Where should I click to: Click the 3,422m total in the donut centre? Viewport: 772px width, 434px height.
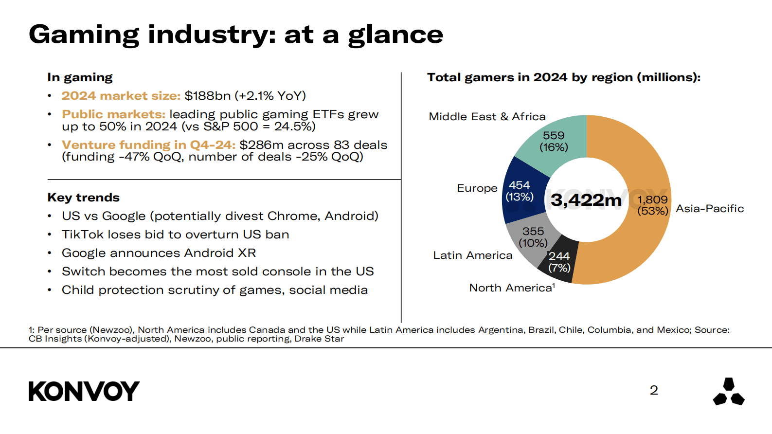pos(586,200)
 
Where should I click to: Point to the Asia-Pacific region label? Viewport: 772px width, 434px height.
pos(710,209)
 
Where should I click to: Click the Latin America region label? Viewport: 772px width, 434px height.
pos(472,255)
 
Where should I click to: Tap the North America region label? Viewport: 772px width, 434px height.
pos(511,288)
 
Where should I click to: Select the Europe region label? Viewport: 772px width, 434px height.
pos(477,188)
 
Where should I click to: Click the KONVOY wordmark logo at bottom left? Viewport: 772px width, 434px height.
pos(84,391)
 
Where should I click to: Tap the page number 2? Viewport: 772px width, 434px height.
pos(654,390)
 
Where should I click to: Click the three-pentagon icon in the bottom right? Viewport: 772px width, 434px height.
pos(728,392)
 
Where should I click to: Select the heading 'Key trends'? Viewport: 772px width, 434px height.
pos(83,198)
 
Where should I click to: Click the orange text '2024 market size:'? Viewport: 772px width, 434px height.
pos(121,96)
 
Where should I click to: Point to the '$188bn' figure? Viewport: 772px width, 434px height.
pos(208,96)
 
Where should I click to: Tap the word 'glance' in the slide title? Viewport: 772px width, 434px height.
pos(395,35)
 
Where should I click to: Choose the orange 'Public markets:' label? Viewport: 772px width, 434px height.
pos(113,114)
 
